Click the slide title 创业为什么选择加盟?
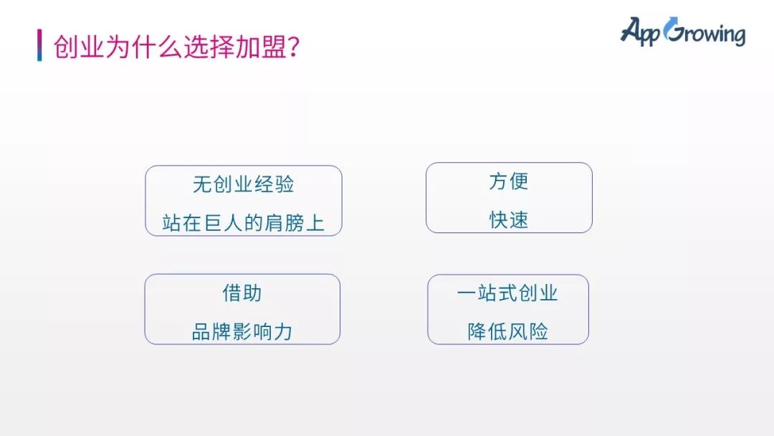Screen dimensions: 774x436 click(x=176, y=47)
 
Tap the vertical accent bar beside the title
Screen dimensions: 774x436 click(x=39, y=45)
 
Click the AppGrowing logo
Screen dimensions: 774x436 click(x=683, y=32)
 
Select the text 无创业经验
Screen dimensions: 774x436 click(x=244, y=184)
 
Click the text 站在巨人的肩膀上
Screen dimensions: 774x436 click(x=244, y=223)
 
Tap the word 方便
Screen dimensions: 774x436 click(x=509, y=181)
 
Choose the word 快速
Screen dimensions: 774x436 click(x=509, y=219)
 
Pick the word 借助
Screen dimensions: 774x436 click(x=242, y=293)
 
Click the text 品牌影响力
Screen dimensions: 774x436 click(x=242, y=331)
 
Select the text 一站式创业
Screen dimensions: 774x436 click(x=507, y=293)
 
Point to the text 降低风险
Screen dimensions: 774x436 click(x=508, y=331)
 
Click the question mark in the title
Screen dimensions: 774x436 click(x=293, y=47)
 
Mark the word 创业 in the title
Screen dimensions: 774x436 click(x=79, y=47)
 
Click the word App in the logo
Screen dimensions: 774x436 click(x=640, y=32)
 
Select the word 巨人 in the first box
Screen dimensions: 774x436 click(x=223, y=223)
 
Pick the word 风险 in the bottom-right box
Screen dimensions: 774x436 click(x=528, y=331)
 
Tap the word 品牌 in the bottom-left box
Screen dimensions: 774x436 click(x=211, y=331)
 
